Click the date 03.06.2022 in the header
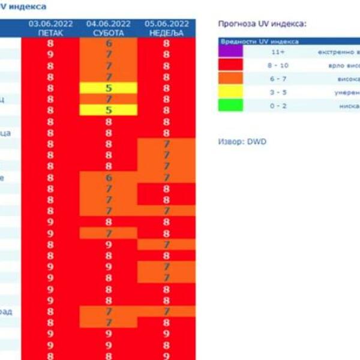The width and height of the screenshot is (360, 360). [x=50, y=24]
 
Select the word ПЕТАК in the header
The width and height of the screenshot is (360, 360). [x=50, y=33]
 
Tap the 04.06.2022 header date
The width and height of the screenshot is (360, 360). [x=109, y=24]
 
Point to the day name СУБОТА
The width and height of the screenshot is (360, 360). [x=109, y=33]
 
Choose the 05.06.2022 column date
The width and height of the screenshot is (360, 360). [x=167, y=24]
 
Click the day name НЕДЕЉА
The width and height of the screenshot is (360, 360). [x=167, y=33]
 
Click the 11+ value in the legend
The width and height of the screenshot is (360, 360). [x=278, y=52]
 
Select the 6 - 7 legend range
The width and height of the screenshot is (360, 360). [x=278, y=79]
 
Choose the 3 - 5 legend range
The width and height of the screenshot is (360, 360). [x=278, y=92]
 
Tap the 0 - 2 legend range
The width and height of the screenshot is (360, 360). [x=278, y=105]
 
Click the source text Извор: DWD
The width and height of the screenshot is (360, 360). [x=242, y=142]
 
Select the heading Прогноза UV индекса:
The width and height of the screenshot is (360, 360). [x=262, y=24]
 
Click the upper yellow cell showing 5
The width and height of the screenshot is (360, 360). [x=109, y=88]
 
